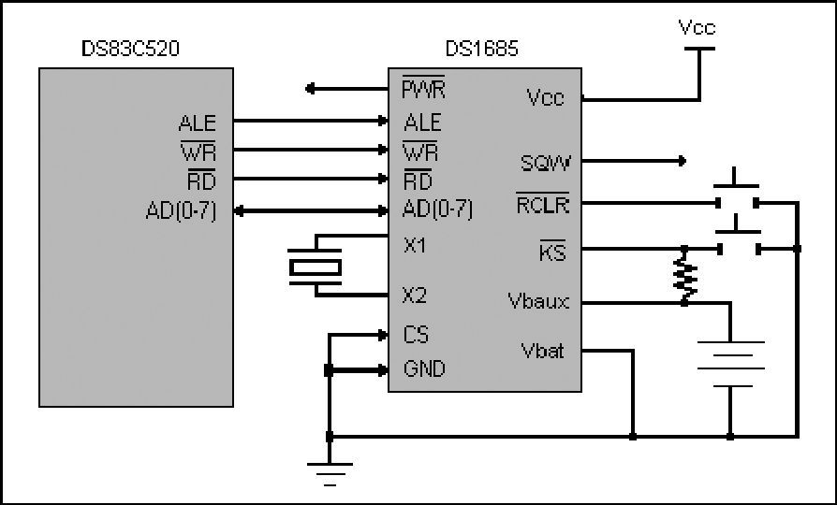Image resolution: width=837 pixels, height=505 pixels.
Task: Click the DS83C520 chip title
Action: pyautogui.click(x=130, y=49)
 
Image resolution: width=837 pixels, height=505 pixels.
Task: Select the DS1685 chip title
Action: pyautogui.click(x=481, y=49)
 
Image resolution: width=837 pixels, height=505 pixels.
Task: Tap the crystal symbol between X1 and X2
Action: pyautogui.click(x=315, y=267)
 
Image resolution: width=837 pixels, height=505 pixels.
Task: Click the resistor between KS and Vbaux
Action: pyautogui.click(x=685, y=276)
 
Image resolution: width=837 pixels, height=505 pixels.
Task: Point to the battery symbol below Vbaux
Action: pyautogui.click(x=731, y=364)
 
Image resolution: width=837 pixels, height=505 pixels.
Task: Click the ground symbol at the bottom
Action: pyautogui.click(x=330, y=474)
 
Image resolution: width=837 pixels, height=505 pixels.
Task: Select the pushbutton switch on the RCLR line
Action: pyautogui.click(x=736, y=192)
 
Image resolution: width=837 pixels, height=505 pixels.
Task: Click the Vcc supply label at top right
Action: pyautogui.click(x=697, y=27)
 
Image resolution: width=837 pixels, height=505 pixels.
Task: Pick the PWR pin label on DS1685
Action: pyautogui.click(x=423, y=89)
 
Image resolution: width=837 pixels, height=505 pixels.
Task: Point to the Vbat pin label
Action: pyautogui.click(x=542, y=351)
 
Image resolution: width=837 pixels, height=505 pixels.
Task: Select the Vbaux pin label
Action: pyautogui.click(x=538, y=302)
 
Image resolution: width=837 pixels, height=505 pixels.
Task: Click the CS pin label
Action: pyautogui.click(x=416, y=335)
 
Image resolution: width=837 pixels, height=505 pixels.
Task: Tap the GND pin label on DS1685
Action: pyautogui.click(x=424, y=368)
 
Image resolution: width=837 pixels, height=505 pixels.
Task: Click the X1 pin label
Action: pyautogui.click(x=415, y=246)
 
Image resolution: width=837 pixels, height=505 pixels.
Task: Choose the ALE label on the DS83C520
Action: pyautogui.click(x=197, y=123)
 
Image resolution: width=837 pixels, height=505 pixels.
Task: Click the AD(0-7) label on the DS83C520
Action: pyautogui.click(x=181, y=211)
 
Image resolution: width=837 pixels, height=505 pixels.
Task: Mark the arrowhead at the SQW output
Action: pyautogui.click(x=682, y=161)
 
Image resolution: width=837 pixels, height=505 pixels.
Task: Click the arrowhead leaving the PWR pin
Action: pyautogui.click(x=310, y=89)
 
